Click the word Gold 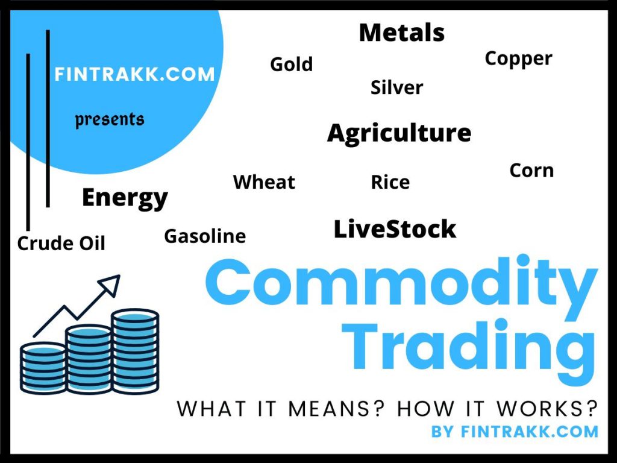pyautogui.click(x=291, y=64)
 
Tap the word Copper pyautogui.click(x=518, y=58)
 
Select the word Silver pyautogui.click(x=396, y=87)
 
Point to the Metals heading pyautogui.click(x=401, y=33)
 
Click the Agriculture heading pyautogui.click(x=399, y=133)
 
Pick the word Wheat pyautogui.click(x=264, y=181)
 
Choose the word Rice pyautogui.click(x=390, y=182)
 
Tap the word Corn pyautogui.click(x=531, y=170)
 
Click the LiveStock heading pyautogui.click(x=395, y=229)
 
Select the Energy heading pyautogui.click(x=125, y=198)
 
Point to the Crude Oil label pyautogui.click(x=61, y=244)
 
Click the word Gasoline pyautogui.click(x=205, y=236)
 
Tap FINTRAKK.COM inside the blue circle pyautogui.click(x=134, y=74)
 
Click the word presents pyautogui.click(x=110, y=119)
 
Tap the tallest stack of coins pyautogui.click(x=135, y=351)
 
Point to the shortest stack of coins pyautogui.click(x=43, y=368)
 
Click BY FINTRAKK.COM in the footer pyautogui.click(x=515, y=432)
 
